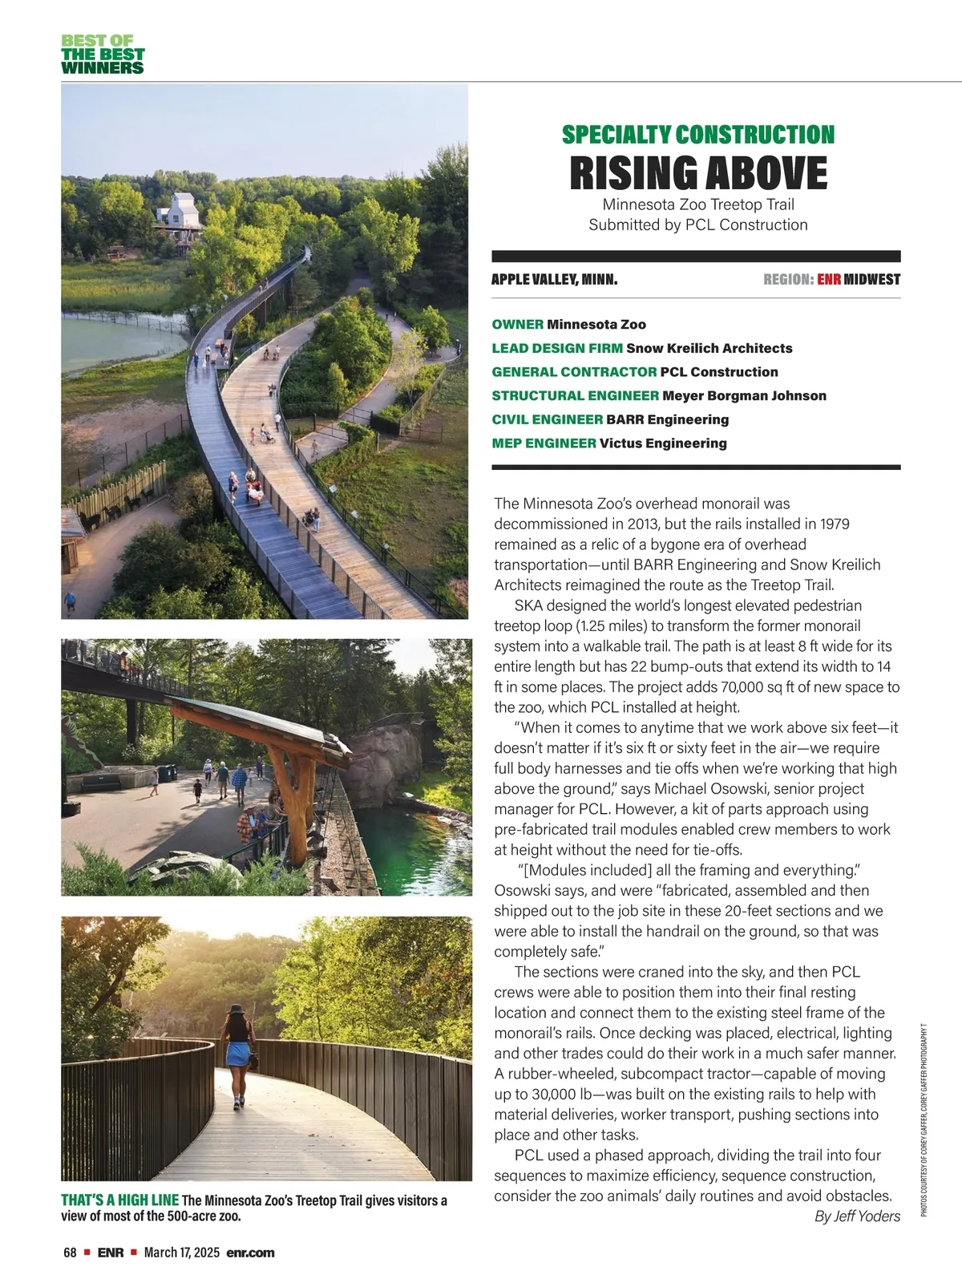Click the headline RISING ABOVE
(x=697, y=172)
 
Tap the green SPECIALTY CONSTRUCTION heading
(x=697, y=135)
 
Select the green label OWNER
(x=517, y=325)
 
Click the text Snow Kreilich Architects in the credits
(x=709, y=348)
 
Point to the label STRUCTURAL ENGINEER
(x=575, y=395)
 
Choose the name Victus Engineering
(x=663, y=443)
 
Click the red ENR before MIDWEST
(x=828, y=280)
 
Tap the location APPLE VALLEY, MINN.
(x=554, y=280)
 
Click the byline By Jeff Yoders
(x=856, y=1216)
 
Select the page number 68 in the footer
(x=70, y=1253)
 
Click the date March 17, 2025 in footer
(x=181, y=1253)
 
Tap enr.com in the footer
(x=250, y=1253)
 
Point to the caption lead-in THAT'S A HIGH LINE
(x=119, y=1200)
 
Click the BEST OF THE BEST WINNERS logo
(x=103, y=55)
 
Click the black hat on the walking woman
(x=236, y=1010)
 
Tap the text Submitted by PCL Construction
(x=697, y=225)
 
